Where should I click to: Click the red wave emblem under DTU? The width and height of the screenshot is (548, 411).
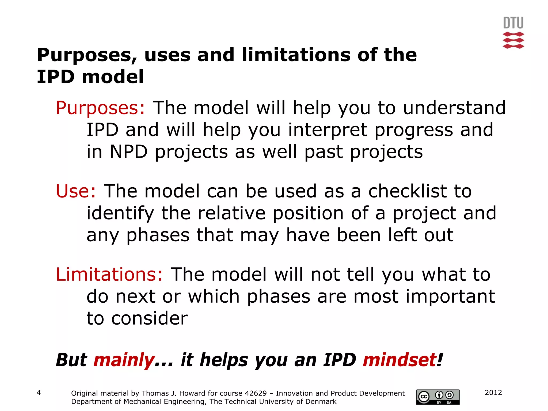click(513, 40)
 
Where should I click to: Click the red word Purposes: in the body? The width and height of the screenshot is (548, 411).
click(100, 108)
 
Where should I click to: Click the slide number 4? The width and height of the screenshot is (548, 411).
click(39, 393)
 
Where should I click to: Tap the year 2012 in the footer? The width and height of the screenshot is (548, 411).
click(493, 393)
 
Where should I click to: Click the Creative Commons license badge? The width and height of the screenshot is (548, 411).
click(438, 397)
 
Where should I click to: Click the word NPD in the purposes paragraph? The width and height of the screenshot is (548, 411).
click(129, 152)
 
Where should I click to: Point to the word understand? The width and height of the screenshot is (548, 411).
click(454, 108)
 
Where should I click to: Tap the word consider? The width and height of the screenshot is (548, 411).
click(149, 319)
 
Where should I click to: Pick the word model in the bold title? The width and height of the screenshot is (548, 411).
click(113, 77)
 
